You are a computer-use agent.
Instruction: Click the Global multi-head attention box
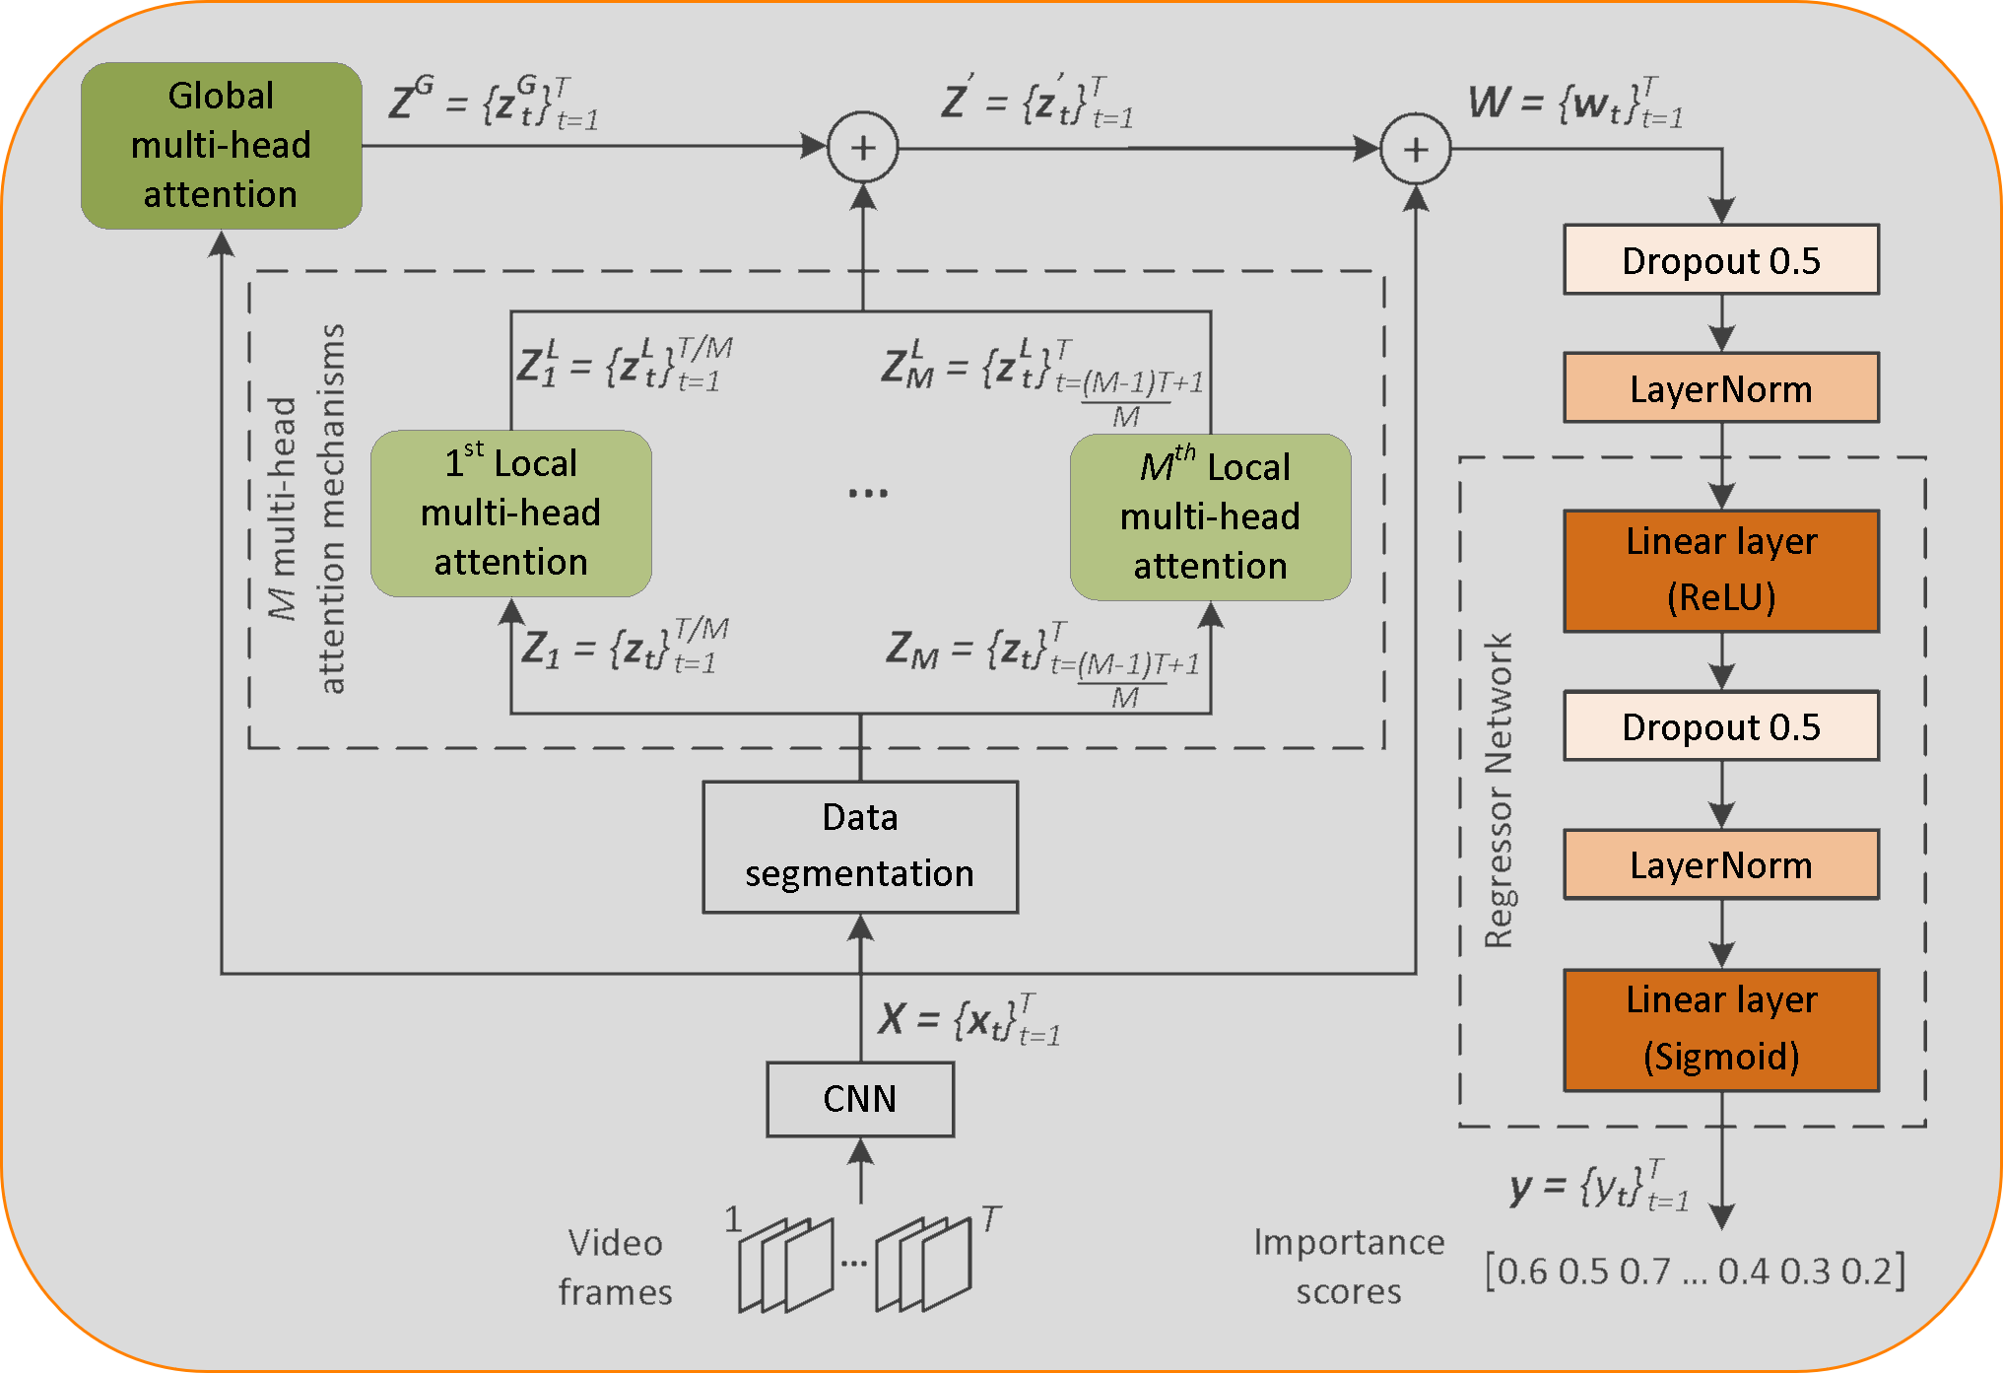click(x=221, y=146)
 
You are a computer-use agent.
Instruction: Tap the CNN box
click(x=860, y=1099)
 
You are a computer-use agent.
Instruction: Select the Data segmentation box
click(x=860, y=847)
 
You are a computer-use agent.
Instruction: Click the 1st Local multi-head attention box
click(x=510, y=514)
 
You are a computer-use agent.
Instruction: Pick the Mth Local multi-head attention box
click(x=1210, y=517)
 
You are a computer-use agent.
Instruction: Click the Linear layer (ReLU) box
click(x=1720, y=571)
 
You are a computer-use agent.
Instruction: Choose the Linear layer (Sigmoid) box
click(x=1720, y=1030)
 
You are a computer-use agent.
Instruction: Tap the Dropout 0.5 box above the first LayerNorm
click(x=1720, y=260)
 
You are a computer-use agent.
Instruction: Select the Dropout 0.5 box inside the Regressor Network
click(x=1720, y=726)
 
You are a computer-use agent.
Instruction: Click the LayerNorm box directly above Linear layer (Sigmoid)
click(x=1720, y=865)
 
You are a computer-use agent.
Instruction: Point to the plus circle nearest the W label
click(x=1416, y=150)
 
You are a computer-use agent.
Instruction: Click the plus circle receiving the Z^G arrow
click(x=863, y=148)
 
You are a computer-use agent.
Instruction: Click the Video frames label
click(x=615, y=1268)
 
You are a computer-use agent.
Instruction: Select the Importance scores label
click(x=1348, y=1268)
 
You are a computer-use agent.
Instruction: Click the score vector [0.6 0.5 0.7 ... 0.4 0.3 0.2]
click(x=1695, y=1271)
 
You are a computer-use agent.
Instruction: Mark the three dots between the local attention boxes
click(x=868, y=493)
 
